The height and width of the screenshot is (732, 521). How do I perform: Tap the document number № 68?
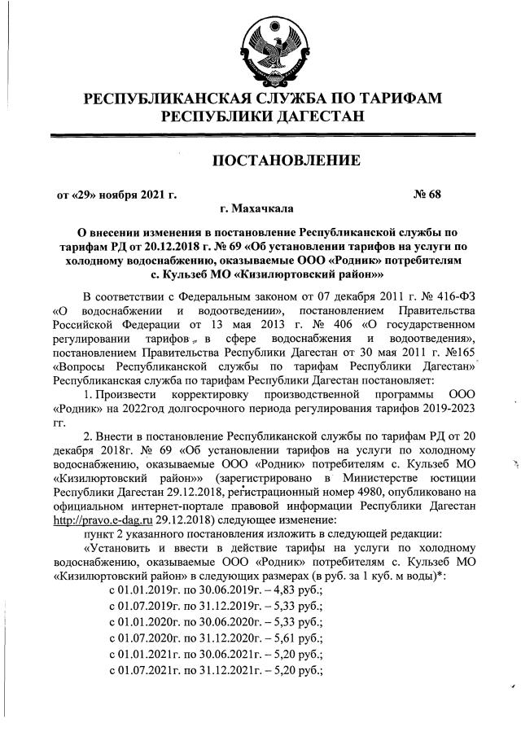tap(427, 194)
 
